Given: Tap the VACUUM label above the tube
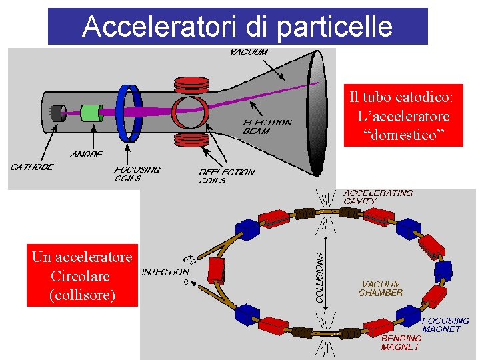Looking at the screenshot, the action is pos(249,51).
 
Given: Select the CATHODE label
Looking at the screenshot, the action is pos(31,167).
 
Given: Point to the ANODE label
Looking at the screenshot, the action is pos(86,155).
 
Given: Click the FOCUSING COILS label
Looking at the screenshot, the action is pos(137,173).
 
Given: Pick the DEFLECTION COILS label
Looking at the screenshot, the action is pos(227,175).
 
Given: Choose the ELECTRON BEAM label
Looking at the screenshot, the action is pos(267,127).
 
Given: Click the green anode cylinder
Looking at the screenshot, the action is pos(90,112).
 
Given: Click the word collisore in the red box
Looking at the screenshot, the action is pos(82,295).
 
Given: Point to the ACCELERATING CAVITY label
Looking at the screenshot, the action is pos(378,197).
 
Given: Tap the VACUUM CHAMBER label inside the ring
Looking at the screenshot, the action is pos(381,288).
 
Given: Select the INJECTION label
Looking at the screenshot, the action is pos(165,271).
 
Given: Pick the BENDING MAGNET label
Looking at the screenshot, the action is pos(401,343).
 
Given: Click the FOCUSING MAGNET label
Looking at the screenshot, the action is pos(446,325).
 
